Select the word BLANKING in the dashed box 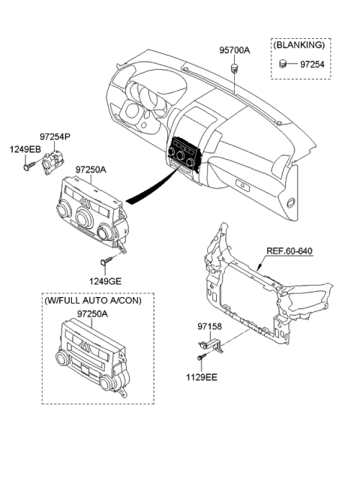298,46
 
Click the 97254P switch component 54,160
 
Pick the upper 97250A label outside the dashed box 91,170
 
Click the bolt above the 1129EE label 203,356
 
